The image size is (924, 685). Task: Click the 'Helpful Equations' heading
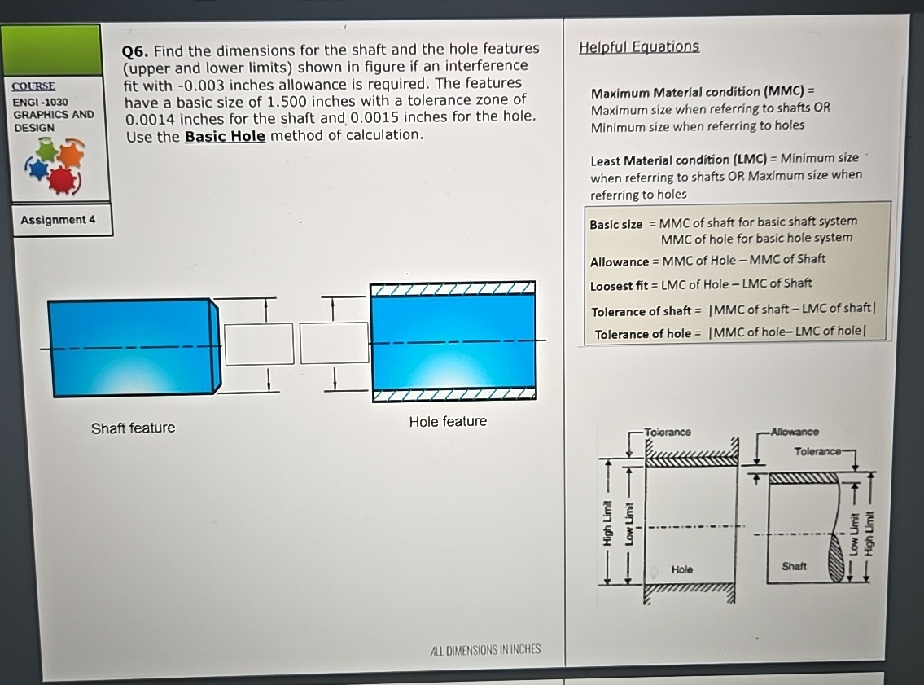coord(638,46)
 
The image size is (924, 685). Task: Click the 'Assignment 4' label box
coord(58,220)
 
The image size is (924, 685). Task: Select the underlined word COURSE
coord(34,86)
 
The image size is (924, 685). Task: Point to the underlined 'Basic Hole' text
coord(225,136)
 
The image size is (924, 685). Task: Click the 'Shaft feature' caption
coord(133,428)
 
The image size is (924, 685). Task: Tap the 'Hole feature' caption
coord(448,421)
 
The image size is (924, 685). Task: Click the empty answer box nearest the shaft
coord(259,344)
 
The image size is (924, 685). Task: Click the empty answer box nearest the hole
coord(334,343)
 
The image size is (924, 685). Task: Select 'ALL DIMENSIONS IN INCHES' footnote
coord(484,649)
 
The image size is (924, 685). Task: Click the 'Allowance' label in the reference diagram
coord(795,432)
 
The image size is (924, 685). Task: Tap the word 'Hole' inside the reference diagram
coord(682,569)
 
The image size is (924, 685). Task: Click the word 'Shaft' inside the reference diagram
coord(794,565)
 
